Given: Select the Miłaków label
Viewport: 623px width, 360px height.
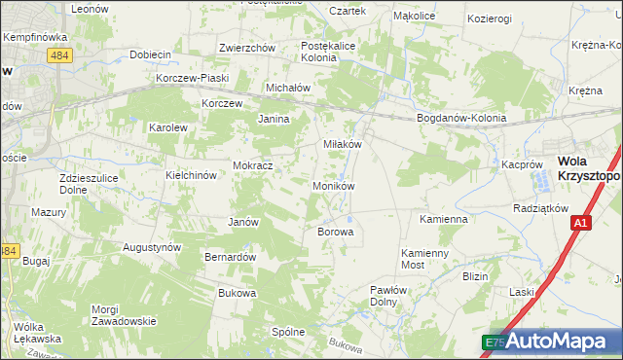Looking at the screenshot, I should click(x=343, y=144).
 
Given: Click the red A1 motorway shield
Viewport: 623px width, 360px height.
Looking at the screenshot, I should click(x=580, y=224).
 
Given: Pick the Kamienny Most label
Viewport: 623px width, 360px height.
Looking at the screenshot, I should click(x=426, y=258).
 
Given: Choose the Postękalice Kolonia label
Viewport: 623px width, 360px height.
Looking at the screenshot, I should click(x=332, y=52).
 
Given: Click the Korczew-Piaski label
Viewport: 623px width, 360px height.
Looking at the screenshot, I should click(x=193, y=79).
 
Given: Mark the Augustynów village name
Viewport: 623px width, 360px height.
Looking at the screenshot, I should click(x=152, y=248).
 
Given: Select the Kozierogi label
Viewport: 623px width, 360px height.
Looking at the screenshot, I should click(x=490, y=18).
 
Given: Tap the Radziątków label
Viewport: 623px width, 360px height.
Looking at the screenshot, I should click(x=540, y=209).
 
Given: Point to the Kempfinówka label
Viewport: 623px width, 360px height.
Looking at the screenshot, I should click(x=34, y=37).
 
